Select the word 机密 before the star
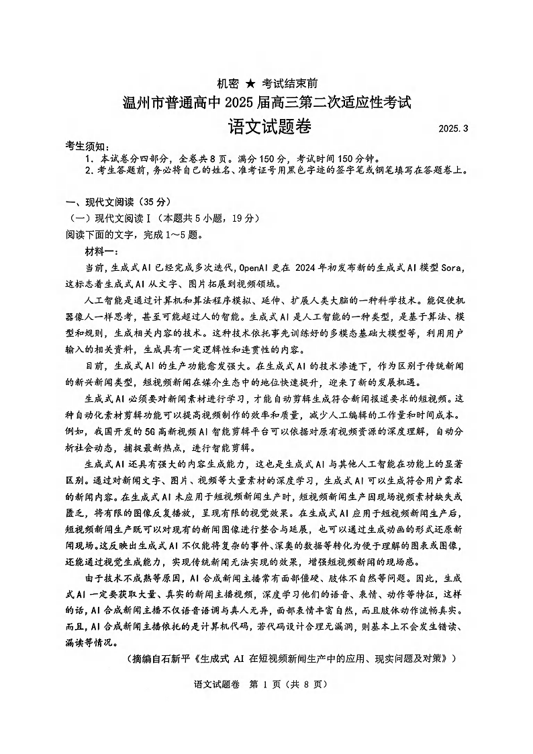tap(227, 83)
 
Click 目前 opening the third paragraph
tap(95, 366)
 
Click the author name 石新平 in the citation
tap(177, 659)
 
